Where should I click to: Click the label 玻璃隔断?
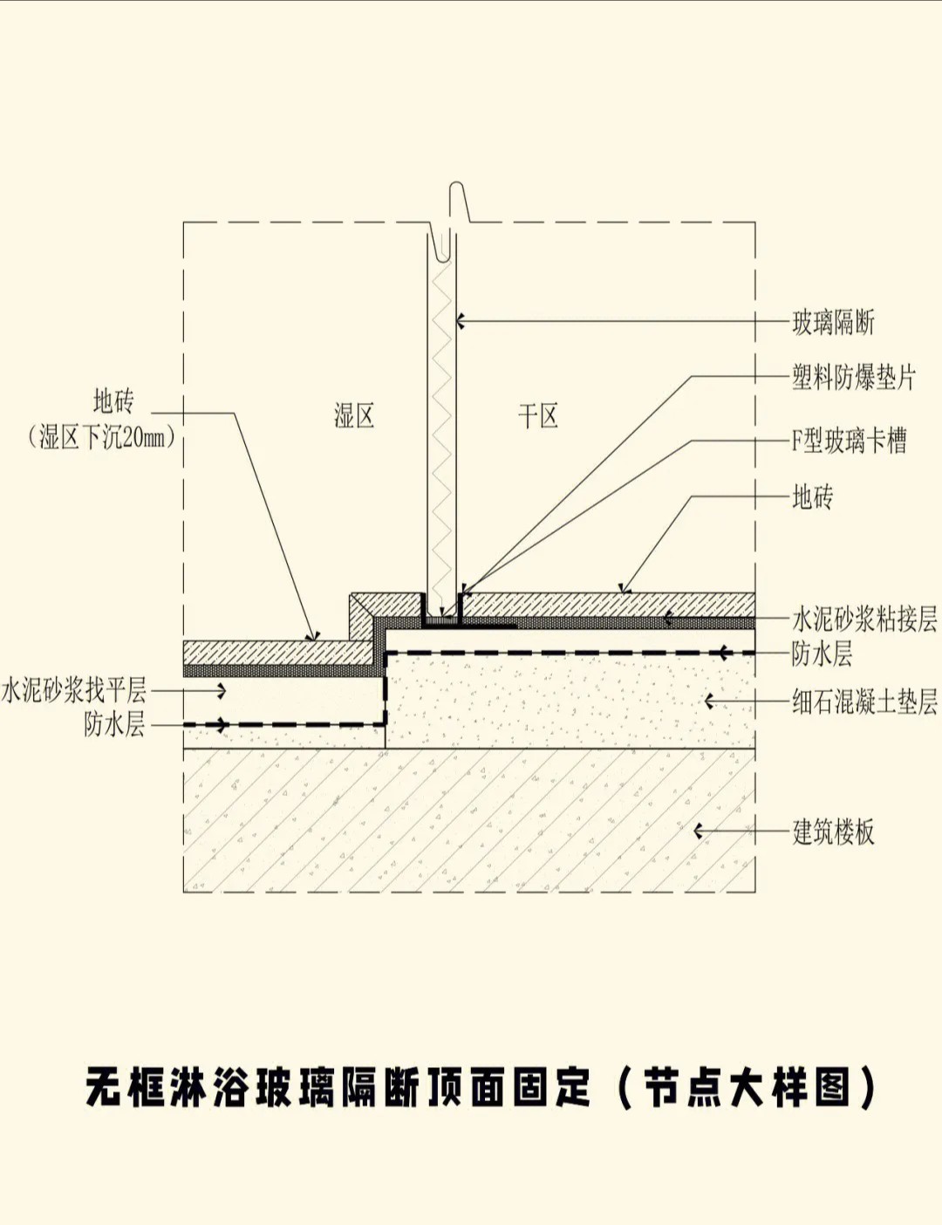point(832,323)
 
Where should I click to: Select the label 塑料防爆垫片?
point(853,378)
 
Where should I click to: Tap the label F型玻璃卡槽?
point(848,441)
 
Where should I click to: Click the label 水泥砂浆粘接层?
point(863,619)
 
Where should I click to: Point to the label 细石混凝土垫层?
point(863,701)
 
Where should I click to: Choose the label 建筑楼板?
point(832,831)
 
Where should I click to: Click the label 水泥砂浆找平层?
point(74,690)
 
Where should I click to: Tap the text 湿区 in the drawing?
point(354,415)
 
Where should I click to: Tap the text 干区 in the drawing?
point(537,416)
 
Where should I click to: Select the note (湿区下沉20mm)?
point(102,436)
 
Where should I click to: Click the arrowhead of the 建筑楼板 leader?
point(698,831)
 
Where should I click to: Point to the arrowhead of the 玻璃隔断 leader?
point(460,322)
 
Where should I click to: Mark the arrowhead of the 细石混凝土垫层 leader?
point(709,701)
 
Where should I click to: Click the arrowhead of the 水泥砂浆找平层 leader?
point(222,690)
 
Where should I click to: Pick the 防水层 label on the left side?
point(114,724)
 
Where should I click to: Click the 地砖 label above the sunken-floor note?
point(113,401)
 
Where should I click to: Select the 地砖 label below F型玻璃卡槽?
point(812,497)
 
